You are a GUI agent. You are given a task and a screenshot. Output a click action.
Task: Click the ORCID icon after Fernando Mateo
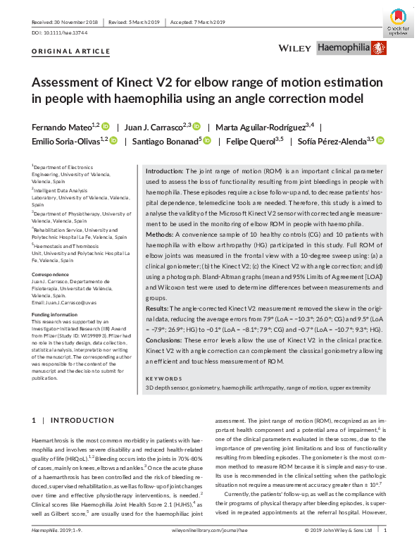pos(106,127)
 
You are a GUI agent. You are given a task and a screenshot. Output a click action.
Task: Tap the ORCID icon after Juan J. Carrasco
pos(196,127)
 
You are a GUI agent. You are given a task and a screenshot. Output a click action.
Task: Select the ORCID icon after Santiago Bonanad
pos(208,141)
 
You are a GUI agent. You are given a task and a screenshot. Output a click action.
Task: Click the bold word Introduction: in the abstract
pos(165,171)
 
